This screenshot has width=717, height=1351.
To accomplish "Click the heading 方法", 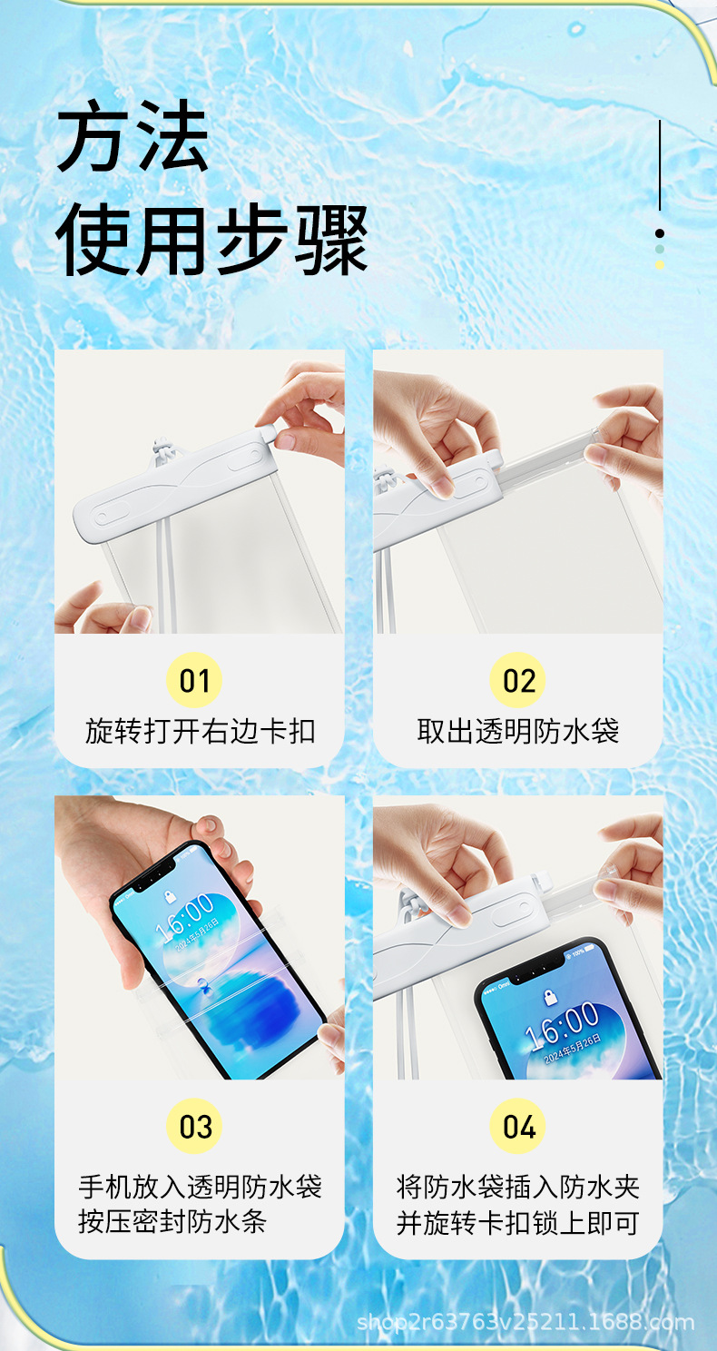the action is (x=133, y=135).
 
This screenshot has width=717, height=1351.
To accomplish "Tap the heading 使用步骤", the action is (x=211, y=240).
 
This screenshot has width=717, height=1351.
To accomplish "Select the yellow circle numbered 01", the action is (x=194, y=680).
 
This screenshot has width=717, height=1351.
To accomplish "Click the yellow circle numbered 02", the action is (x=517, y=680).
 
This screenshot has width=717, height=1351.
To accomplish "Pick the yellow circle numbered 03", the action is (x=194, y=1126).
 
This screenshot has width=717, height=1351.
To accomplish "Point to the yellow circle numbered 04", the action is (x=517, y=1126).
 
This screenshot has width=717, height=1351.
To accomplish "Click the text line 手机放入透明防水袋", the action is (x=201, y=1187).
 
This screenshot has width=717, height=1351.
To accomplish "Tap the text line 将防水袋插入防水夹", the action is (x=517, y=1187).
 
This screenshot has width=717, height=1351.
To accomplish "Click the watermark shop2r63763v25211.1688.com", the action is (x=525, y=1323).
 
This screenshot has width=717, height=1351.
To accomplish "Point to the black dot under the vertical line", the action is (x=660, y=233).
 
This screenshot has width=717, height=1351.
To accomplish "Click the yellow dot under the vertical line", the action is (x=660, y=265).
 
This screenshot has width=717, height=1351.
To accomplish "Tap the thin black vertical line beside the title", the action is (x=660, y=164).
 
